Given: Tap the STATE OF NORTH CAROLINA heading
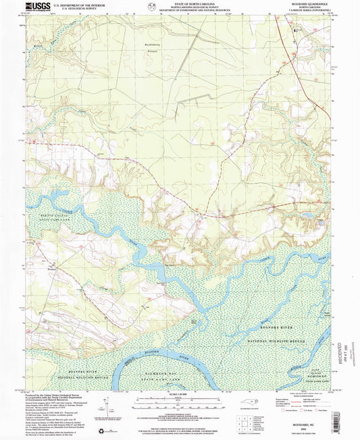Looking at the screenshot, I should [x=180, y=3].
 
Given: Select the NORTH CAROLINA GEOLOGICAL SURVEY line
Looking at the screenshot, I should [x=180, y=7].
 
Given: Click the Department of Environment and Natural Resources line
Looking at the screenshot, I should [x=180, y=10].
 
